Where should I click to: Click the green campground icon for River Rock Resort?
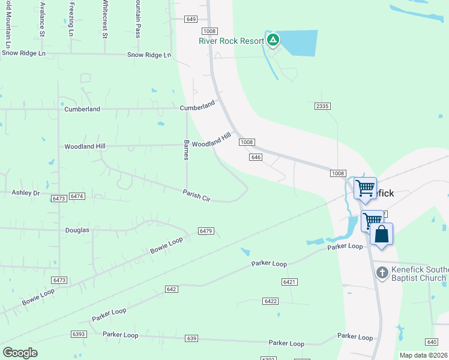point(273,40)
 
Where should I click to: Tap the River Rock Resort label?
point(232,41)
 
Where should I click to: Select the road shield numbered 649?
point(191,19)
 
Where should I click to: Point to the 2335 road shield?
point(322,106)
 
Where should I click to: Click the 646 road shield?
point(256,157)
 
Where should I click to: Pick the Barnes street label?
point(186,151)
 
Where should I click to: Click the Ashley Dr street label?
point(26,193)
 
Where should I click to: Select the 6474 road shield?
point(77,197)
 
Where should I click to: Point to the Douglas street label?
point(77,230)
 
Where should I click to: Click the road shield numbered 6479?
point(206,231)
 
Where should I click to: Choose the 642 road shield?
point(172,289)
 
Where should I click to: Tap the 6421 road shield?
point(289,281)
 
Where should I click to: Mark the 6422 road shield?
point(270,301)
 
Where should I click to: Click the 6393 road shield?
point(78,334)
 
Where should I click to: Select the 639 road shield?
point(191,338)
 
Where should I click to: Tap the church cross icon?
point(382,274)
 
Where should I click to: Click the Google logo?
point(20,353)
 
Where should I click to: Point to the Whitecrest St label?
point(104,19)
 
